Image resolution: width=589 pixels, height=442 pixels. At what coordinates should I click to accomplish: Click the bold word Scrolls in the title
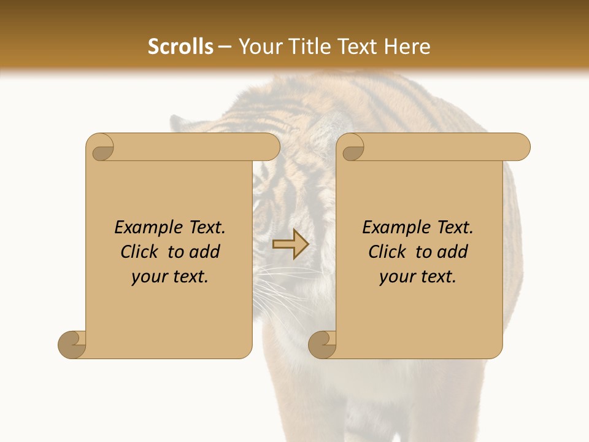point(180,47)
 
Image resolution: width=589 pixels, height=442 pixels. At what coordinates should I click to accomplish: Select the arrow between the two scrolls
point(290,244)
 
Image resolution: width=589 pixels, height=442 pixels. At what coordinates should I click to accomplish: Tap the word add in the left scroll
point(204,252)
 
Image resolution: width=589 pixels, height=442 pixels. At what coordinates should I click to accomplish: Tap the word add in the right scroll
point(452,252)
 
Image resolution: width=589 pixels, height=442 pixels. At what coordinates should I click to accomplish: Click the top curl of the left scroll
point(101,147)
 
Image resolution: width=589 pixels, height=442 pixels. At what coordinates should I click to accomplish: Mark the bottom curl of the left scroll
point(72,344)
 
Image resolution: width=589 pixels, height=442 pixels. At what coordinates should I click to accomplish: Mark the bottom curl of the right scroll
point(322,344)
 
